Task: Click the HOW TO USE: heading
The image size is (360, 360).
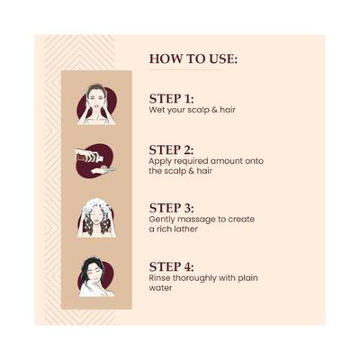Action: click(x=193, y=58)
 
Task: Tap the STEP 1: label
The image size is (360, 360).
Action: click(x=172, y=99)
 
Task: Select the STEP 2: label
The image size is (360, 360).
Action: click(x=172, y=150)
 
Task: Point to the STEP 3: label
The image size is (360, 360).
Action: click(x=172, y=208)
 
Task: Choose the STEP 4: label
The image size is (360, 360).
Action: click(x=172, y=266)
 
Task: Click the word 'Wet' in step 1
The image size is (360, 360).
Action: click(x=157, y=110)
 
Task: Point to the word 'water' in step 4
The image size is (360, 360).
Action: click(x=160, y=288)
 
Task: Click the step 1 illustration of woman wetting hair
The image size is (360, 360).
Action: click(x=96, y=104)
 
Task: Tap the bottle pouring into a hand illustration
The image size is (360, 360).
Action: click(x=95, y=161)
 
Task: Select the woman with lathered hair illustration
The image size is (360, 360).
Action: click(x=96, y=219)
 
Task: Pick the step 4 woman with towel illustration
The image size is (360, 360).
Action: click(x=96, y=277)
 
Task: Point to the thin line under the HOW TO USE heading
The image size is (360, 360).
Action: click(x=186, y=70)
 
